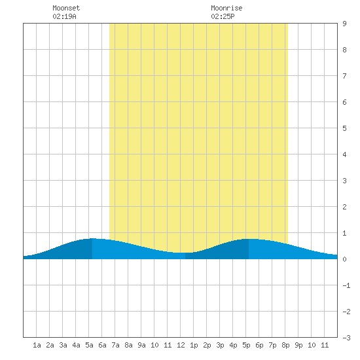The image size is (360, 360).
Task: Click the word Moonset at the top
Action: click(x=66, y=8)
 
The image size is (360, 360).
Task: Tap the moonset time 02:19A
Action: click(x=64, y=16)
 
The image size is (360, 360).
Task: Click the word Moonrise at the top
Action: click(x=226, y=8)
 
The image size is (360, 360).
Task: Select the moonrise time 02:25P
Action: click(x=223, y=16)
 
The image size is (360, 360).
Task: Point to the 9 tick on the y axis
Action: click(x=344, y=24)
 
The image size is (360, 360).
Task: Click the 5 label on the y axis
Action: click(x=344, y=128)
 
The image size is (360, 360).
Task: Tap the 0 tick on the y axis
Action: click(x=344, y=259)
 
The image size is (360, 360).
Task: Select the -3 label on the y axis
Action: click(x=346, y=338)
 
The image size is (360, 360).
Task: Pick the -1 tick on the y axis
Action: click(x=346, y=285)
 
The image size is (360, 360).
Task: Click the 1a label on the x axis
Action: click(x=37, y=345)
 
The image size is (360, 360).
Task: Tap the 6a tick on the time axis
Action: click(x=102, y=345)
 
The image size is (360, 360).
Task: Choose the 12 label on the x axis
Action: click(x=181, y=345)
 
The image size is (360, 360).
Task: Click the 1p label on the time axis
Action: click(x=194, y=345)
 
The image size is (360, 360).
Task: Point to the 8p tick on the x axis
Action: click(x=285, y=345)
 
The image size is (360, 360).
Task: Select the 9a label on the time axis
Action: click(x=141, y=345)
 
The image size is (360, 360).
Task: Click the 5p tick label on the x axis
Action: click(x=246, y=345)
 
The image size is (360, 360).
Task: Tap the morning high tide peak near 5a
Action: click(x=92, y=238)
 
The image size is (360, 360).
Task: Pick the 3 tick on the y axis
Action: click(x=344, y=181)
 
